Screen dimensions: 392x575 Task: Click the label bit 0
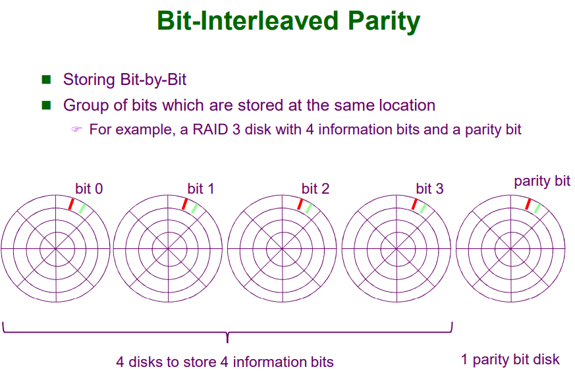(x=89, y=189)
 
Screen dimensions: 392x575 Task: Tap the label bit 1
(x=201, y=189)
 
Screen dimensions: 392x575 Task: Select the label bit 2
(x=315, y=189)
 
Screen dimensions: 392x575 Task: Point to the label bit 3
(x=429, y=189)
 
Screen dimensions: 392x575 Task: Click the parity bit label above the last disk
(x=542, y=182)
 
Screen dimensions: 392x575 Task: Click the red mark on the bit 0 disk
(x=70, y=204)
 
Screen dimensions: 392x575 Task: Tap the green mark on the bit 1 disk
(x=194, y=209)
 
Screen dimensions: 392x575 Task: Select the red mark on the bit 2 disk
(x=300, y=204)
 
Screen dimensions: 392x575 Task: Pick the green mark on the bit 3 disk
(x=423, y=209)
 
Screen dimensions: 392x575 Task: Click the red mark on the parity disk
(x=528, y=204)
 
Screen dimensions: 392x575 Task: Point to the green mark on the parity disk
(x=537, y=209)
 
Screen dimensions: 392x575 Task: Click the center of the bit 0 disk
(x=55, y=248)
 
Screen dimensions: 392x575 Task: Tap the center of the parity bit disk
(x=510, y=248)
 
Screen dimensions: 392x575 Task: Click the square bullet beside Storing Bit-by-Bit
(x=46, y=80)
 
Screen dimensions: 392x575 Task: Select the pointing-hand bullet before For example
(x=76, y=129)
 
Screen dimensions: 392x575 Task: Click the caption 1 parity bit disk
(x=510, y=360)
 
